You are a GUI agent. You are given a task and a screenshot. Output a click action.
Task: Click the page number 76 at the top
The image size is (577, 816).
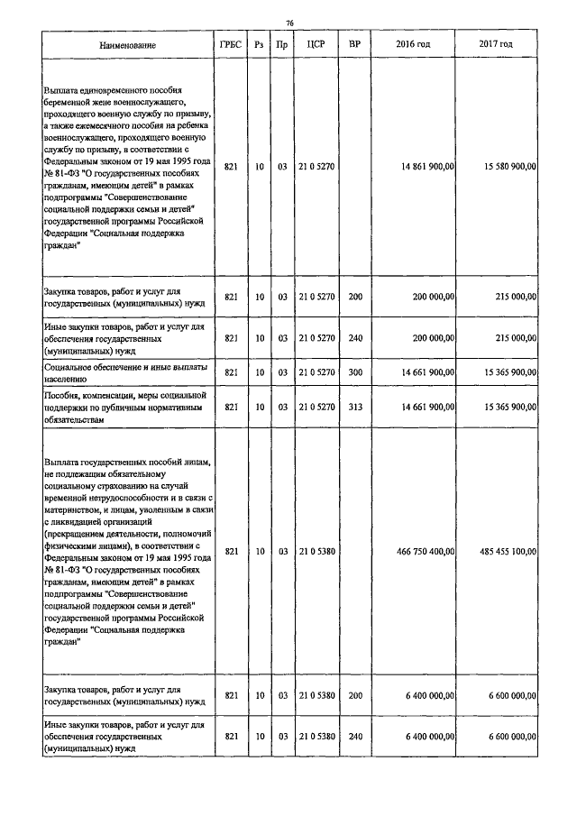point(289,23)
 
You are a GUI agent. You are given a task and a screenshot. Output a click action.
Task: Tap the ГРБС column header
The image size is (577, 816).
point(231,44)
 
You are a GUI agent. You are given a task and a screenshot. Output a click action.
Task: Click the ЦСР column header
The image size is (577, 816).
point(316,44)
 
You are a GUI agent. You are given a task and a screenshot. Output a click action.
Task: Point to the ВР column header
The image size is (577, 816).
point(354,44)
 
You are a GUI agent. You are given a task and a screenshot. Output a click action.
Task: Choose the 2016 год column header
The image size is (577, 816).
point(413,44)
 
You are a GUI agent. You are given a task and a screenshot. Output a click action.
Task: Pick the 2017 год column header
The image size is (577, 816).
point(497,44)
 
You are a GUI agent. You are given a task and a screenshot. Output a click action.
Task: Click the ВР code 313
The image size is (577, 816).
point(354,408)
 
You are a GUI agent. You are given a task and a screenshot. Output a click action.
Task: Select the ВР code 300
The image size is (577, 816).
point(354,372)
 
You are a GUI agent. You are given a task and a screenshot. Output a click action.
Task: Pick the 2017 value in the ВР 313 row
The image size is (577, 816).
point(509,408)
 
